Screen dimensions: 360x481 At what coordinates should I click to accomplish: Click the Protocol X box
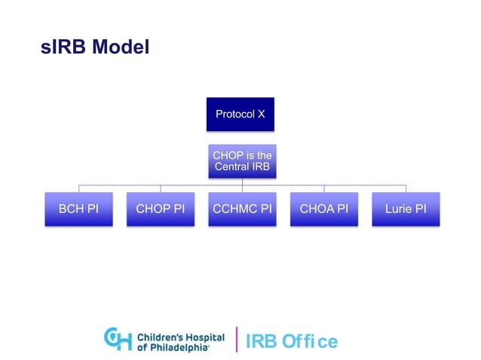tap(241, 114)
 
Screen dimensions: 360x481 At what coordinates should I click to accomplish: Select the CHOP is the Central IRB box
tap(241, 161)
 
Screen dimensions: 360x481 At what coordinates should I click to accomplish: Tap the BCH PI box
tap(78, 209)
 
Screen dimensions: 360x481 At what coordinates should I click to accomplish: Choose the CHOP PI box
tap(160, 209)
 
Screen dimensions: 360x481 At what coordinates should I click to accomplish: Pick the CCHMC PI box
tap(241, 209)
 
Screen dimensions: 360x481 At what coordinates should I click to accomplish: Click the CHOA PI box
tap(323, 209)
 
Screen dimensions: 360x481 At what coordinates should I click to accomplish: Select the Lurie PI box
tap(406, 209)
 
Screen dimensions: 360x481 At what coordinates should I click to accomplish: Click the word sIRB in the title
tap(63, 47)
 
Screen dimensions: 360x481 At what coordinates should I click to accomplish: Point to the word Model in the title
tap(121, 47)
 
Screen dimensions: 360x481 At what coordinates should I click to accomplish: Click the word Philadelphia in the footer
tap(176, 346)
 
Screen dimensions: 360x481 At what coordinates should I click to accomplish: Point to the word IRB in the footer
tap(262, 341)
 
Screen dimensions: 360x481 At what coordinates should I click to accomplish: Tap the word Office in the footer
tap(310, 341)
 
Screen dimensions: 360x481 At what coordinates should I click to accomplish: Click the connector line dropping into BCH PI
tap(78, 188)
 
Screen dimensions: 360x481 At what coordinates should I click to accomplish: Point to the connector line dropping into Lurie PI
tap(406, 188)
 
